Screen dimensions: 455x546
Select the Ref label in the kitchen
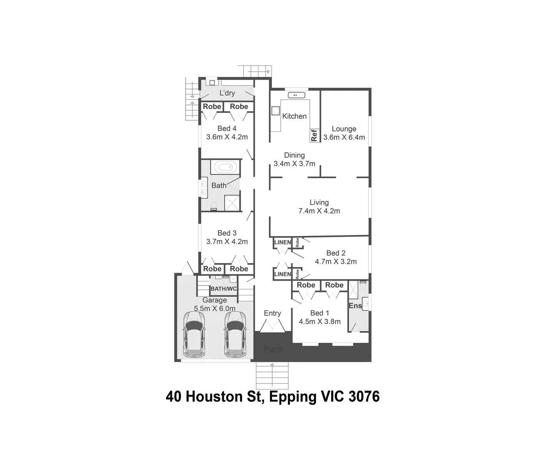314,135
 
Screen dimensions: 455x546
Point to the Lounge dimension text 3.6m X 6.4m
344,137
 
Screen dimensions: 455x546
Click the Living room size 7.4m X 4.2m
319,211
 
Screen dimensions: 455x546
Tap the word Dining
294,155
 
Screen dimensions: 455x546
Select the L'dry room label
227,93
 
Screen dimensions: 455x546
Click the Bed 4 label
227,128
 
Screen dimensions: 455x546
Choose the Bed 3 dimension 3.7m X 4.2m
227,242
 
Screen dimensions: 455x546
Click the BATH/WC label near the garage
223,289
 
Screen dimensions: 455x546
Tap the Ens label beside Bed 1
355,306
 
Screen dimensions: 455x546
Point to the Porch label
273,349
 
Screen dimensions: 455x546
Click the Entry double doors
272,326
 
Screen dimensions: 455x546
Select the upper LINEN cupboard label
282,242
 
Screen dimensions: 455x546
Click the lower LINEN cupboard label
282,274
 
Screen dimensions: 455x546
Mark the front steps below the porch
272,375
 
